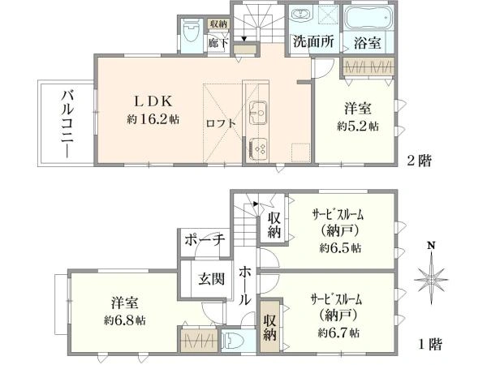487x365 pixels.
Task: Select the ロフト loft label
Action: click(x=220, y=124)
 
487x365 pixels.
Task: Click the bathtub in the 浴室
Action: click(x=368, y=20)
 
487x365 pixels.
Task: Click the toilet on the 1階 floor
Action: click(x=233, y=341)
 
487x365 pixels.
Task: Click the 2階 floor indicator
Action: click(x=419, y=161)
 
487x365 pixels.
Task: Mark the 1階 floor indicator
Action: click(x=429, y=344)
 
